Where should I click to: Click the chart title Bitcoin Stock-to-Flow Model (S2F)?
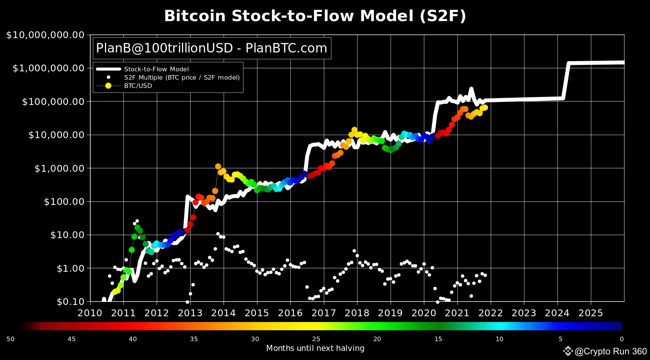315,16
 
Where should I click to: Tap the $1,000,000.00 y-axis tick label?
48,68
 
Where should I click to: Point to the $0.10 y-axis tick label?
70,302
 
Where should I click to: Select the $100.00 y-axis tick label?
64,202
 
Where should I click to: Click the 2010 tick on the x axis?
90,313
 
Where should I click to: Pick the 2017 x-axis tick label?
323,313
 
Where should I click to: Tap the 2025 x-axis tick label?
591,313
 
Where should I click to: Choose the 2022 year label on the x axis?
491,313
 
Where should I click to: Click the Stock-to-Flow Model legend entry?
156,69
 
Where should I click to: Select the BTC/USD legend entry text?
138,86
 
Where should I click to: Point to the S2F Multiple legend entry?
182,77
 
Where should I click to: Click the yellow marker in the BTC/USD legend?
108,86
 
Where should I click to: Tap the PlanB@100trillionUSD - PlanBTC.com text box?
212,48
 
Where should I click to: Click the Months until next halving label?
315,348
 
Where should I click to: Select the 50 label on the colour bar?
11,339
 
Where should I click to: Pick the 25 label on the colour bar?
316,339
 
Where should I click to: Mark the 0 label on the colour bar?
622,339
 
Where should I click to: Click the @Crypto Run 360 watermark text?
610,351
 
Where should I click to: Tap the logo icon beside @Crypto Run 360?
568,351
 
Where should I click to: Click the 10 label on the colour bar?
499,339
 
